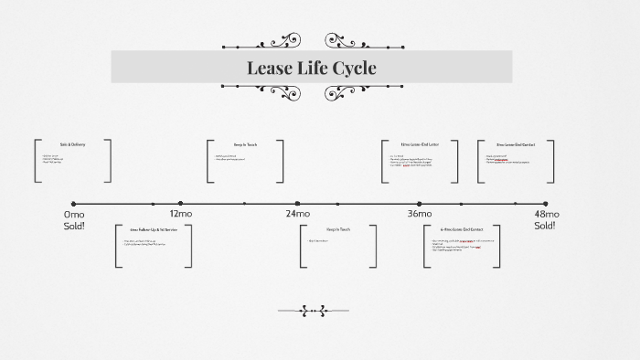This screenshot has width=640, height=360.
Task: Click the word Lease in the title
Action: click(x=270, y=68)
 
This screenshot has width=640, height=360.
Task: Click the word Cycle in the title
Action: click(x=353, y=68)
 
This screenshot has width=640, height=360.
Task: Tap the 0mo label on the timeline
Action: click(x=74, y=214)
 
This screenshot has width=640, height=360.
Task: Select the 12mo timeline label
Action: click(x=181, y=214)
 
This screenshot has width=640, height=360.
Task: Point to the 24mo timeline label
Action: click(x=297, y=214)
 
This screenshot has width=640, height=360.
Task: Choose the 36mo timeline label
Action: click(x=420, y=214)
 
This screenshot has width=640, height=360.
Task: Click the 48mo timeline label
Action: click(x=546, y=214)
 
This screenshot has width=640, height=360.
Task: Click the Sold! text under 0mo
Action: click(x=74, y=225)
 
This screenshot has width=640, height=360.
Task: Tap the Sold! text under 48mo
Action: click(x=546, y=225)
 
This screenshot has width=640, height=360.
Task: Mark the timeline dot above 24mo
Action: click(x=297, y=204)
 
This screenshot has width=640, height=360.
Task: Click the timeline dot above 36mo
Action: click(x=420, y=204)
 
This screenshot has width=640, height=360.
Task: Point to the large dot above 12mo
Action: click(x=181, y=204)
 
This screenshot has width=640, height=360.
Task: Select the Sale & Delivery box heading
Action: click(x=72, y=144)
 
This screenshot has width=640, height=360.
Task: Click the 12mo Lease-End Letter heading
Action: click(x=420, y=144)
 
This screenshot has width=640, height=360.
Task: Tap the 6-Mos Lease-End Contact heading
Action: click(x=462, y=229)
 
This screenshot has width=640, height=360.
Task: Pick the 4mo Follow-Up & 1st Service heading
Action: click(x=154, y=229)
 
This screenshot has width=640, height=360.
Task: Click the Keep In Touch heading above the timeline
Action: click(x=245, y=144)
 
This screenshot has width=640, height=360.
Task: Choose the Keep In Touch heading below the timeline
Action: click(x=338, y=229)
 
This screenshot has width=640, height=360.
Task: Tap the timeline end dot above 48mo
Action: click(x=546, y=204)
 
